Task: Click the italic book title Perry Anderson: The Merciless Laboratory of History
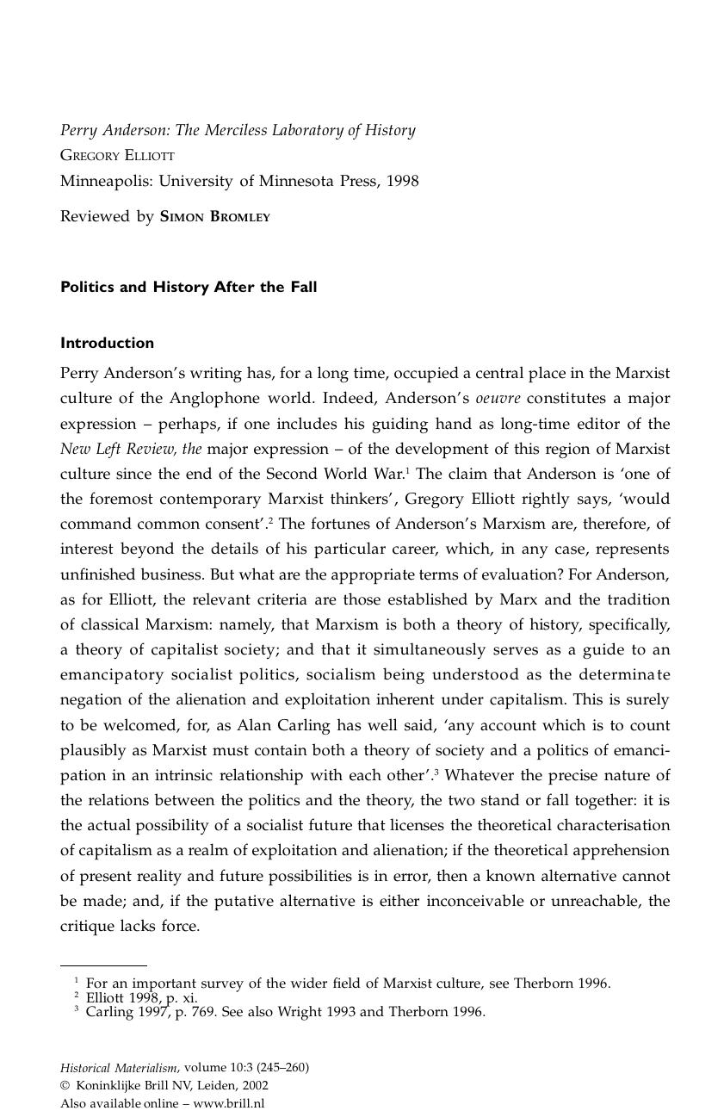tap(238, 130)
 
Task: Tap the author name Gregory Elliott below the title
tap(117, 156)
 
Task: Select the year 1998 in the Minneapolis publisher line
tap(402, 181)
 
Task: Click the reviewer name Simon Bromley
tap(215, 217)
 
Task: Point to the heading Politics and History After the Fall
tap(189, 287)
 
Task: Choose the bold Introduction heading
tap(107, 343)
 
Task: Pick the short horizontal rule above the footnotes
tap(103, 965)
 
